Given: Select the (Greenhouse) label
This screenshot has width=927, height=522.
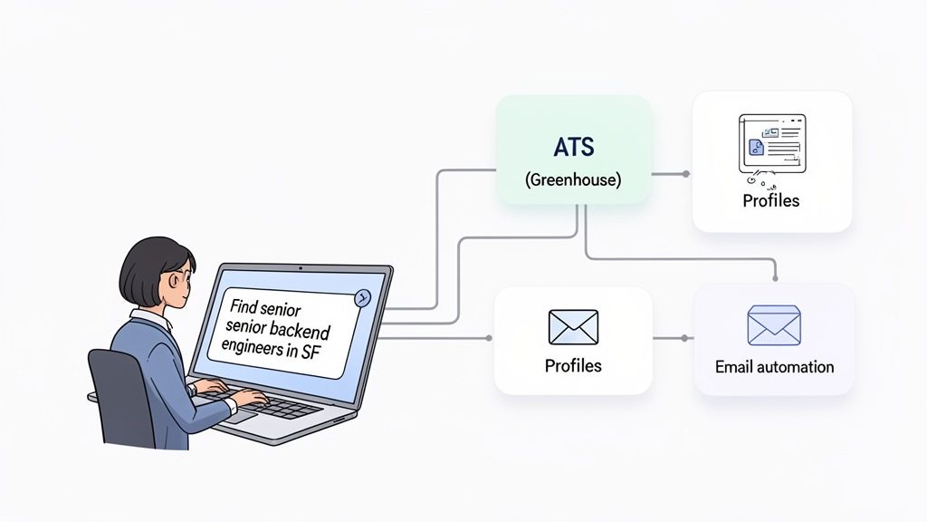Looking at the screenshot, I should tap(573, 180).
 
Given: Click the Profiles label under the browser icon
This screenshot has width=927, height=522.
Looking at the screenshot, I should tap(771, 201).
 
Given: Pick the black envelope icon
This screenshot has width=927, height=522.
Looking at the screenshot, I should tap(573, 327).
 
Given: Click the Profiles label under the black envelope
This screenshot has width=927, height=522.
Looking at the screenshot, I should tap(573, 366).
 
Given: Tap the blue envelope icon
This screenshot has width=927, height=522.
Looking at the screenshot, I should tap(774, 326).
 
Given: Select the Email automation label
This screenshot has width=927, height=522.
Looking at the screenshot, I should tap(774, 367).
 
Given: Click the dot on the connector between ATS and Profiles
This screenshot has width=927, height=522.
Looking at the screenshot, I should tap(685, 173).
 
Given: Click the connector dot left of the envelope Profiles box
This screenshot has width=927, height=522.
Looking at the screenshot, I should tap(489, 338).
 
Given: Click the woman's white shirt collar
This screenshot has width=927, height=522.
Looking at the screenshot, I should tap(154, 319).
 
